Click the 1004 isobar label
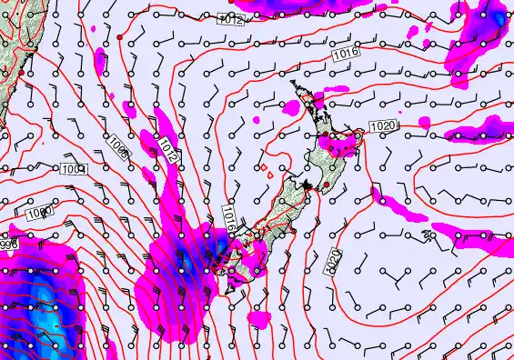pos(73,169)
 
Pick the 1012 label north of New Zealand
pos(232,18)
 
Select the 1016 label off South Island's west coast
pos(230,217)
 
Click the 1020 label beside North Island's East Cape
pos(383,125)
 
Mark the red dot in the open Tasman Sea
pos(120,37)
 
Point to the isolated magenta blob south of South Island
pos(260,319)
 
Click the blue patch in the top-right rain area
pos(498,18)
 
